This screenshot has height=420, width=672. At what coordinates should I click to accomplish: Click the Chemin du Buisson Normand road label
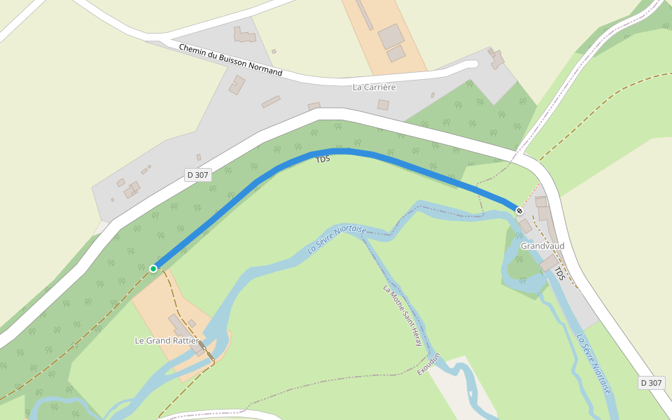tap(230, 60)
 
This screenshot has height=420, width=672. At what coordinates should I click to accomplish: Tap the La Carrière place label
tap(374, 87)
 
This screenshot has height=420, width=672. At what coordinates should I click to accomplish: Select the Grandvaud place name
tap(542, 246)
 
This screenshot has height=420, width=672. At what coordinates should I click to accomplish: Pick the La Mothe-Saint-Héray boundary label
tap(402, 316)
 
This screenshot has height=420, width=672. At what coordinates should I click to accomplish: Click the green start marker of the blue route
tap(153, 268)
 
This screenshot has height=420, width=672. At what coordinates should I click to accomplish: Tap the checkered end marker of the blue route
tap(519, 211)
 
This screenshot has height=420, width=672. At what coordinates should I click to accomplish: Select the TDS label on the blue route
tap(323, 160)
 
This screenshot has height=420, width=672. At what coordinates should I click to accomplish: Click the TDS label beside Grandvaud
tap(559, 273)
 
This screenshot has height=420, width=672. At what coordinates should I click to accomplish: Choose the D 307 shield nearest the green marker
tap(198, 175)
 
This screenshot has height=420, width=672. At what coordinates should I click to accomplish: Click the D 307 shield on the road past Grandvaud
tap(651, 383)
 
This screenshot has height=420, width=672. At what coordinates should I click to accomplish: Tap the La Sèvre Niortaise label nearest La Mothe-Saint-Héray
tap(337, 239)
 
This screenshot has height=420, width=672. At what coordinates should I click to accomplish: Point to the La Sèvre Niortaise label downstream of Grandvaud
tap(594, 363)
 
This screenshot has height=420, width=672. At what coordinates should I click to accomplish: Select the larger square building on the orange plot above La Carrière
tap(391, 36)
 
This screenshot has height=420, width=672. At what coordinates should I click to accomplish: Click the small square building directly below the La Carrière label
tap(383, 105)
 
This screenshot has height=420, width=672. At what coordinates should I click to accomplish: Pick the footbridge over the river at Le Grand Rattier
tap(203, 348)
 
